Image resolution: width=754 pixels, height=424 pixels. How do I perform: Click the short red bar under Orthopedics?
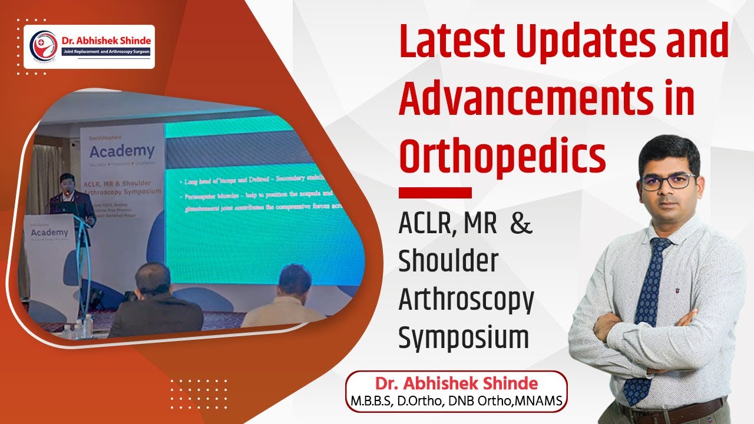(435, 193)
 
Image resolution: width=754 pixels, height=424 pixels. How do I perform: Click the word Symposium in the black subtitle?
(463, 339)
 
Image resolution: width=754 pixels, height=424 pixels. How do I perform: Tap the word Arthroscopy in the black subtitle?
(466, 300)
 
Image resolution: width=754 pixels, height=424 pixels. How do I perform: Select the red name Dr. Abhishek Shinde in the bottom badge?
(456, 384)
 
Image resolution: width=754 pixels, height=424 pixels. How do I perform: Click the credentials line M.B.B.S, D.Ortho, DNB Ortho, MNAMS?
(456, 401)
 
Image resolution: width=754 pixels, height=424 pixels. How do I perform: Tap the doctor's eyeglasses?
(668, 181)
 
